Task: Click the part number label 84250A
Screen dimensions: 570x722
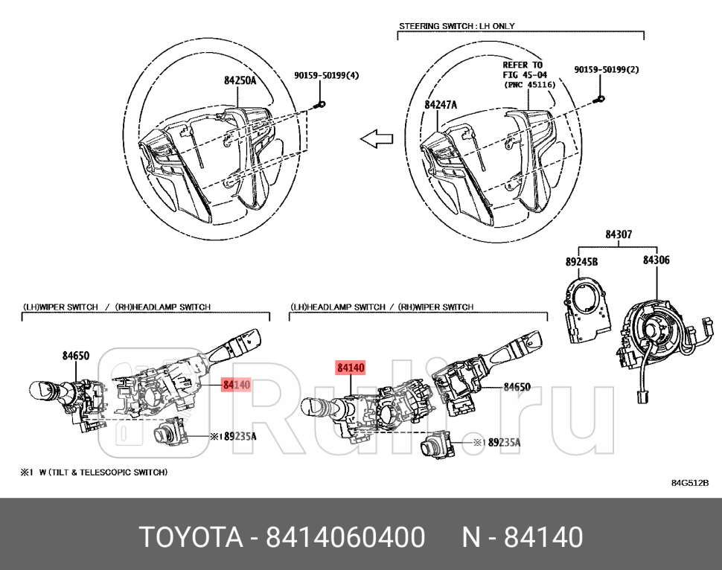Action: click(x=240, y=80)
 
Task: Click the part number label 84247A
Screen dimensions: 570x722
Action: click(x=441, y=105)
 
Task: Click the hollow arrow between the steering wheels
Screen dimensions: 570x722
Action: click(x=377, y=138)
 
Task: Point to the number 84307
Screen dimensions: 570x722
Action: click(x=619, y=234)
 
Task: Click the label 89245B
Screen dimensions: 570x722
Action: click(x=581, y=261)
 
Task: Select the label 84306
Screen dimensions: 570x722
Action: click(x=656, y=260)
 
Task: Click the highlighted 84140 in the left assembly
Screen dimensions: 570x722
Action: click(x=237, y=385)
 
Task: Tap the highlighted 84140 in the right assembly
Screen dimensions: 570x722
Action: click(x=351, y=368)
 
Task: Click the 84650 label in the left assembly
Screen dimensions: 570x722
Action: click(x=76, y=356)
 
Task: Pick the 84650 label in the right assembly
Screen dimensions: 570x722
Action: click(x=517, y=387)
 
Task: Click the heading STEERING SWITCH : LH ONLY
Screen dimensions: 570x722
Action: click(x=457, y=26)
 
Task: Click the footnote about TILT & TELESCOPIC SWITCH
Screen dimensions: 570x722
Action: click(x=94, y=472)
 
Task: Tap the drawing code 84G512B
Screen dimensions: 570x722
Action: click(x=690, y=482)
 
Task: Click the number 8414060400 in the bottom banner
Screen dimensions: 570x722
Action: click(x=346, y=537)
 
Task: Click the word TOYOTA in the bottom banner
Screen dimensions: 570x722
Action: click(x=190, y=537)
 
